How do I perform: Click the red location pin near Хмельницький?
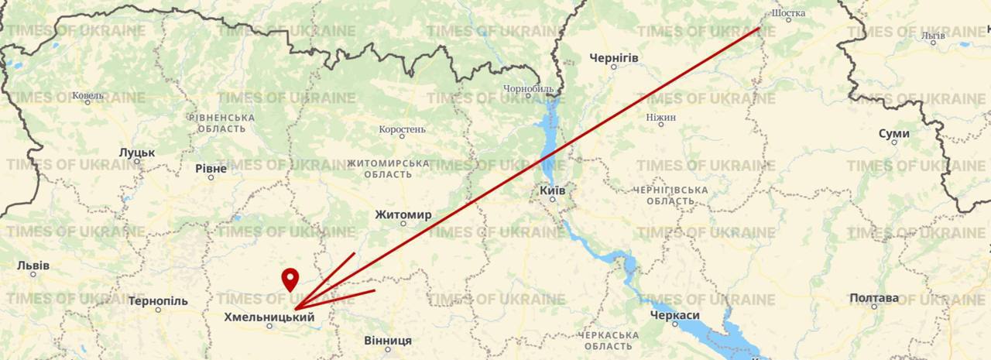point(290,278)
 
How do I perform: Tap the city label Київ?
point(552,190)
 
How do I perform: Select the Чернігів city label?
point(614,58)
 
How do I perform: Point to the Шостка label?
point(789,13)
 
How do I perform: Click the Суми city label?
point(894,134)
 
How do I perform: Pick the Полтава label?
point(874,298)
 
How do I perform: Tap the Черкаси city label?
point(675,316)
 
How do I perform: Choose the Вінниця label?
point(388,341)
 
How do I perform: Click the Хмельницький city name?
point(269,317)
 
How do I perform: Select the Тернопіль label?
point(158,300)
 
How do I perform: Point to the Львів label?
point(33,266)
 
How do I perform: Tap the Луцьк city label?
point(137,153)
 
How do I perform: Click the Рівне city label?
point(211,169)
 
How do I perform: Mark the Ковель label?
point(87,96)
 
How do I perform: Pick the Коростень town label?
point(402,129)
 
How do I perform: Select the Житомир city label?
point(403,214)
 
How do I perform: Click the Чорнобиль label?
point(528,89)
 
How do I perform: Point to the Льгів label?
point(934,36)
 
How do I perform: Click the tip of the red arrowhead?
point(295,310)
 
